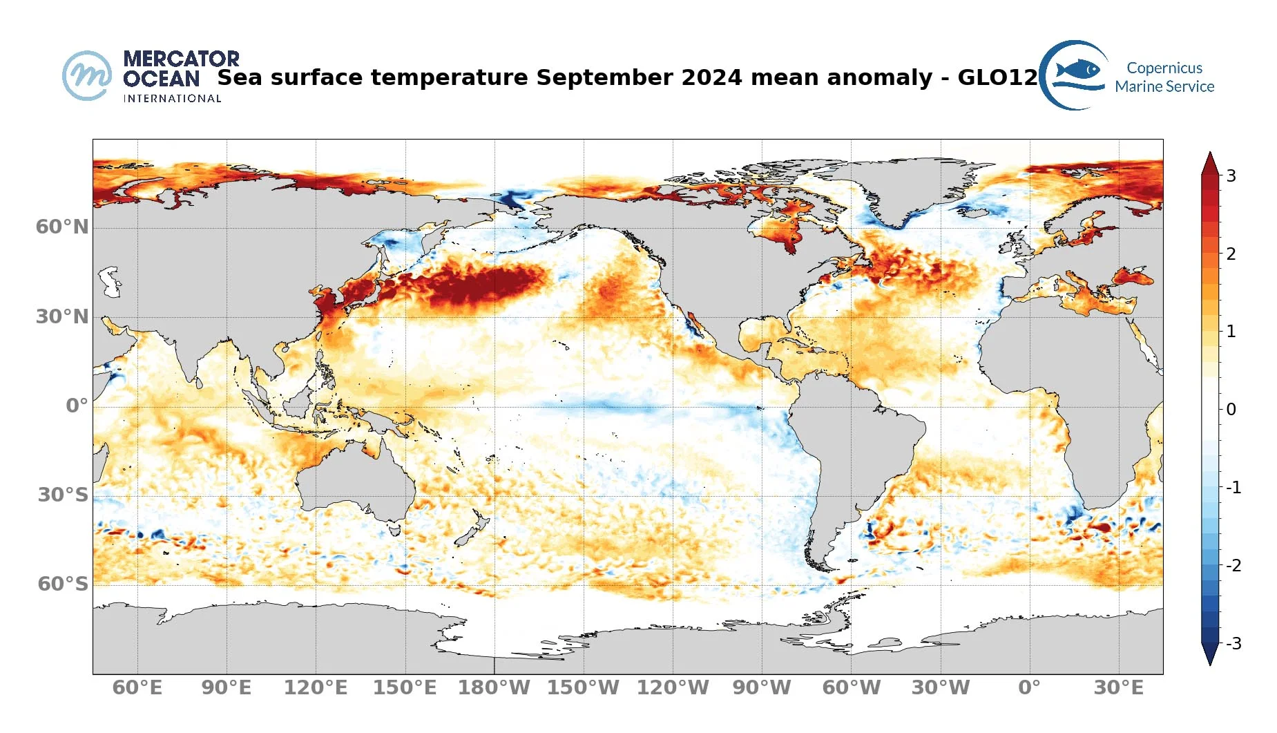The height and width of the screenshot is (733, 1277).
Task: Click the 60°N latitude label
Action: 62,227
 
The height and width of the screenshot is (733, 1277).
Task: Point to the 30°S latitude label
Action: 63,495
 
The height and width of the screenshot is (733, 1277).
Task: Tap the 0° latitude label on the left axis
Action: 77,406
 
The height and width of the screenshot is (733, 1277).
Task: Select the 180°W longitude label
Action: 494,688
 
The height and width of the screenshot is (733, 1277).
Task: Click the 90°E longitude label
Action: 227,688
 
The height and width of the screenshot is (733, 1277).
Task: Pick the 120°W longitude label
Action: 673,688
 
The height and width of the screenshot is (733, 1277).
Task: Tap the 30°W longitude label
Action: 941,688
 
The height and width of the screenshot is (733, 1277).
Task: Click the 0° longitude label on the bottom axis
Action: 1029,688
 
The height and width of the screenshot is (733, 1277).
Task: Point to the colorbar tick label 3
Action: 1231,175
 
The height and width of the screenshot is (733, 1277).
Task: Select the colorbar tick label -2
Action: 1233,566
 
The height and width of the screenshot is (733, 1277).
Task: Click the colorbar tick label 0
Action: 1231,410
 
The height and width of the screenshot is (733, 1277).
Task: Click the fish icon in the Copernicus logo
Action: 1078,69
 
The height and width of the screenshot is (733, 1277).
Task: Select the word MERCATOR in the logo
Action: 181,59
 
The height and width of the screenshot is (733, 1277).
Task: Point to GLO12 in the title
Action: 997,77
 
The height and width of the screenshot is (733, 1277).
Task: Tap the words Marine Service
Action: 1164,87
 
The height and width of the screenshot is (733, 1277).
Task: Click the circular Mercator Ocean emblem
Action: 87,75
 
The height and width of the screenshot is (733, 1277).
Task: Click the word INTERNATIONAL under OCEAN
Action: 172,99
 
